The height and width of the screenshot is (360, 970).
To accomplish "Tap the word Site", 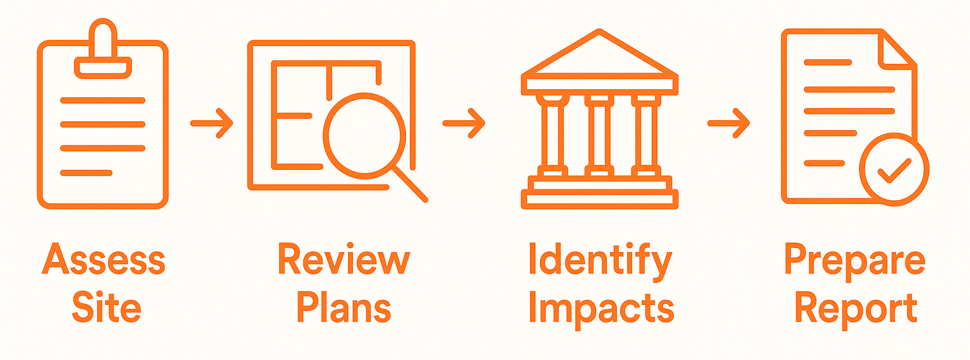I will coord(106,308).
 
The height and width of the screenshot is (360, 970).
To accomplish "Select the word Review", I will coord(344,260).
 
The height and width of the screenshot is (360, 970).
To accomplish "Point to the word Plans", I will coord(344,308).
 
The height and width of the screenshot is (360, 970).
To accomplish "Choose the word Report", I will coord(855,308).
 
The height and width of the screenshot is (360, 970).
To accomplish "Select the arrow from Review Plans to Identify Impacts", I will coord(464,123).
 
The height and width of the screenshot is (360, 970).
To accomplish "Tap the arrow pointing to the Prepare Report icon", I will coord(729,123).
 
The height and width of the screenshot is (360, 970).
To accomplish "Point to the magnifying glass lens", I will coord(364,135).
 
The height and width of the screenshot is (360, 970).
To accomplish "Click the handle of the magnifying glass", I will coord(410,184).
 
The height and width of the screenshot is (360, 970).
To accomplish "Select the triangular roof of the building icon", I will coord(599,57).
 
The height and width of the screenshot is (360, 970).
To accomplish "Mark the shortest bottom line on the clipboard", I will coord(87,172).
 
